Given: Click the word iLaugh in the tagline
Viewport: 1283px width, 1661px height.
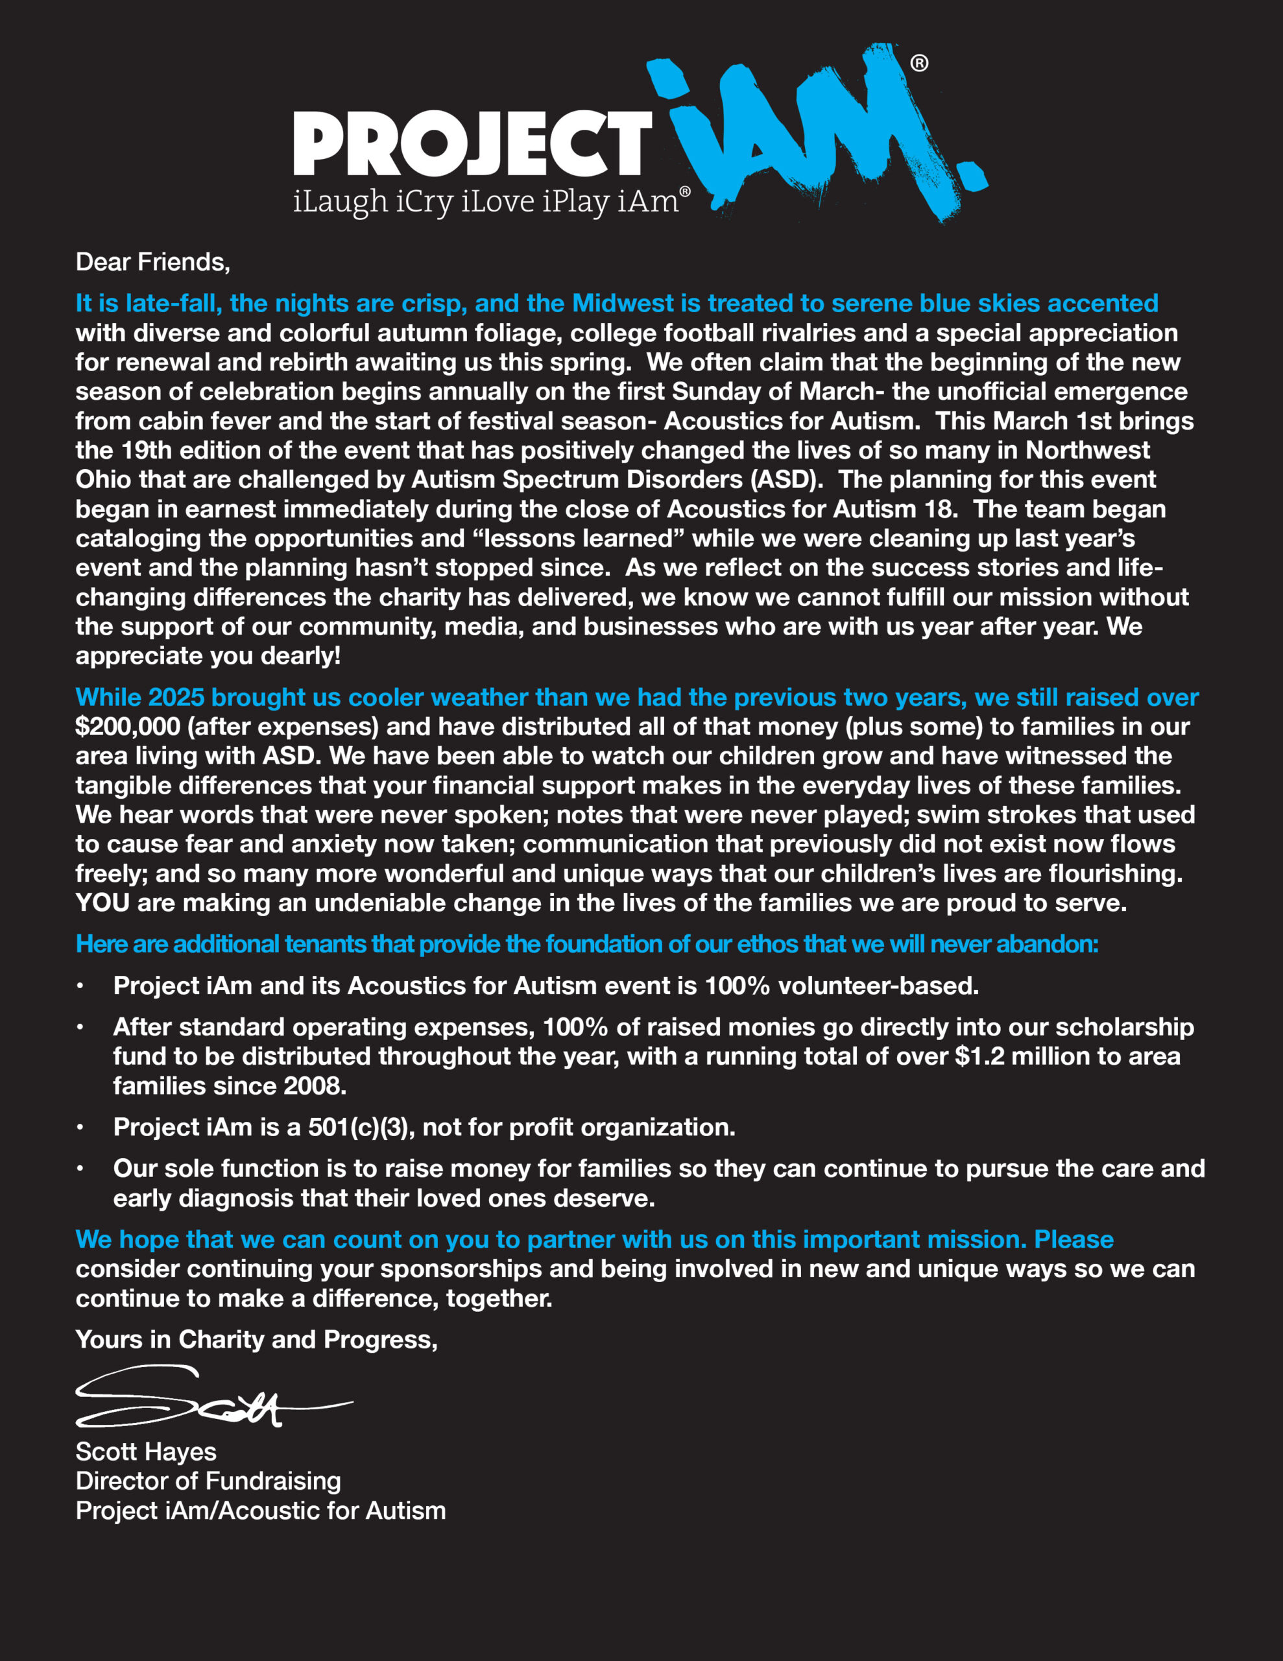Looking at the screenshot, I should click(x=340, y=202).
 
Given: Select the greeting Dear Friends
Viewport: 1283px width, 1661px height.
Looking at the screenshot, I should click(x=152, y=262).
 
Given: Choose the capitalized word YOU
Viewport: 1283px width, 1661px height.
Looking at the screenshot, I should click(x=102, y=903).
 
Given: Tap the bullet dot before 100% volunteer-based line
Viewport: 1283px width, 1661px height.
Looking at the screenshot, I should click(x=80, y=986).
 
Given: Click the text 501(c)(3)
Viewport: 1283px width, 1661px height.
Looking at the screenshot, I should click(x=361, y=1127).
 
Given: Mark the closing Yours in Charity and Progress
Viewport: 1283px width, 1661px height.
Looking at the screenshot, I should click(x=256, y=1339).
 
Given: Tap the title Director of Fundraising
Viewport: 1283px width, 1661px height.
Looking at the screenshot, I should click(x=208, y=1481).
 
